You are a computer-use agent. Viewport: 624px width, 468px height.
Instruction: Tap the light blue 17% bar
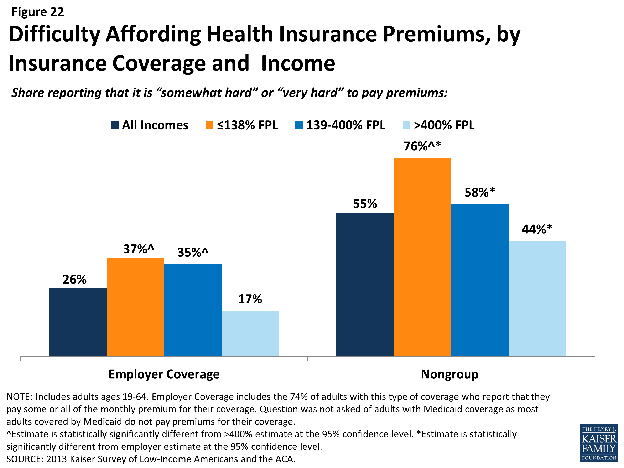tap(250, 333)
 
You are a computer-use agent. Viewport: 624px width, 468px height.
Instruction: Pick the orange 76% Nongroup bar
tap(422, 257)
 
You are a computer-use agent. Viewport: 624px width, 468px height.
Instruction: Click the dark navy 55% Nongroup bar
tap(365, 284)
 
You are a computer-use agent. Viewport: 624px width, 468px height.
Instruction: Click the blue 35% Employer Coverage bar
tap(193, 310)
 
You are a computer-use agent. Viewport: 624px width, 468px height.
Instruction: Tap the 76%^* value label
tap(422, 146)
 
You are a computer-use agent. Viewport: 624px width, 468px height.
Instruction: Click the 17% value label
tap(250, 299)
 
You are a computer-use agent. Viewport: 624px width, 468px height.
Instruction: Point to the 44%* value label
tap(537, 229)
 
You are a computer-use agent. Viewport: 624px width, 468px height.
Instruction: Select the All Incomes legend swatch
tap(115, 125)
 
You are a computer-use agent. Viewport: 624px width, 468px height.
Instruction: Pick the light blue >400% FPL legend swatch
tap(406, 125)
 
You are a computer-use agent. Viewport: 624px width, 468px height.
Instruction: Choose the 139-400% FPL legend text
tap(345, 125)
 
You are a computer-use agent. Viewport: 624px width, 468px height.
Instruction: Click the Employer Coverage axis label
tap(164, 374)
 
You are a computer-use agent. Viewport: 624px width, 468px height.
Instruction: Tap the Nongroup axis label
tap(450, 374)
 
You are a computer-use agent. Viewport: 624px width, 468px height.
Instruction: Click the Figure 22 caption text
tap(38, 12)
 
